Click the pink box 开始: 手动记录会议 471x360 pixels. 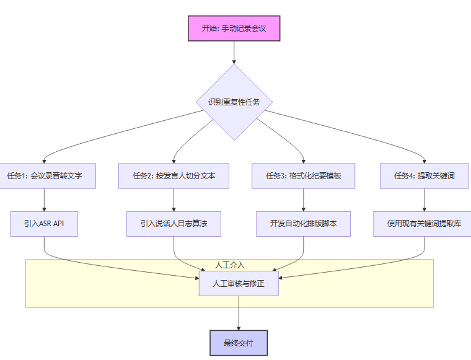pyautogui.click(x=234, y=29)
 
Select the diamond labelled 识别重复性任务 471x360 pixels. pyautogui.click(x=234, y=102)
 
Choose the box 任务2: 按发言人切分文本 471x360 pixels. pyautogui.click(x=174, y=176)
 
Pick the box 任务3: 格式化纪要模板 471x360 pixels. pyautogui.click(x=303, y=176)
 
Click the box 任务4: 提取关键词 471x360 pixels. pyautogui.click(x=425, y=176)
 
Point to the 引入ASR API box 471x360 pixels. pyautogui.click(x=45, y=224)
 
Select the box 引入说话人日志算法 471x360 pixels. pyautogui.click(x=174, y=224)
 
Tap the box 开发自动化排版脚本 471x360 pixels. pyautogui.click(x=303, y=224)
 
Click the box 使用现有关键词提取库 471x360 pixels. pyautogui.click(x=425, y=224)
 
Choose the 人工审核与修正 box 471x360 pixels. pyautogui.click(x=238, y=283)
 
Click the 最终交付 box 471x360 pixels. pyautogui.click(x=238, y=343)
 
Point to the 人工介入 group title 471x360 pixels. pyautogui.click(x=229, y=265)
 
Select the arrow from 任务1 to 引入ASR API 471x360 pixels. pyautogui.click(x=45, y=200)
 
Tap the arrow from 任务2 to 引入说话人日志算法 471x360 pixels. pyautogui.click(x=174, y=200)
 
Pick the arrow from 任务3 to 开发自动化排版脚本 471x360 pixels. pyautogui.click(x=303, y=200)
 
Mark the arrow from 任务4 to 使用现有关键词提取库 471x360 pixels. pyautogui.click(x=425, y=200)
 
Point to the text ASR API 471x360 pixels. pyautogui.click(x=51, y=224)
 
